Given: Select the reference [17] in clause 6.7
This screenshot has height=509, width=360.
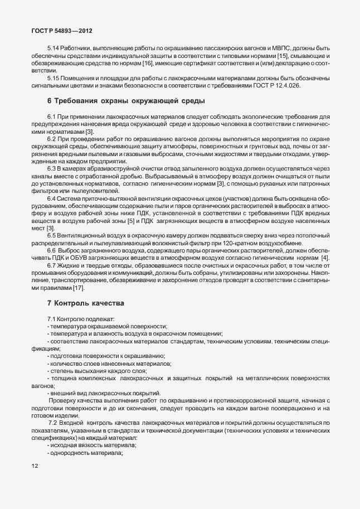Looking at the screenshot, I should [79, 288].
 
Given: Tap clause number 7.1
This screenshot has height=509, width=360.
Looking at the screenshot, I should [53, 318].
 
